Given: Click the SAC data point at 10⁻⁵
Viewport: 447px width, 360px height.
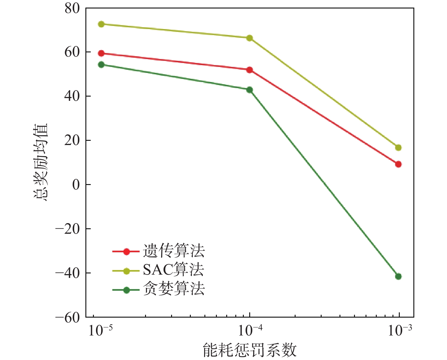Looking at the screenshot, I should (x=101, y=24).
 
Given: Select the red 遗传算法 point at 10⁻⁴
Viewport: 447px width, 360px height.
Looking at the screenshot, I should (x=250, y=70).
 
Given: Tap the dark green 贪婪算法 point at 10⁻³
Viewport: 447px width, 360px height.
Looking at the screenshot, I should (x=398, y=276).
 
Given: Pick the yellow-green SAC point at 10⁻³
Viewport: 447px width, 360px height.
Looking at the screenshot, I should (x=398, y=147).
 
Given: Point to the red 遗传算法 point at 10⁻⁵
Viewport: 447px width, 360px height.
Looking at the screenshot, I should (x=101, y=53).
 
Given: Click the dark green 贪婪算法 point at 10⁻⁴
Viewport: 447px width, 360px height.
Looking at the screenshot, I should (x=250, y=90).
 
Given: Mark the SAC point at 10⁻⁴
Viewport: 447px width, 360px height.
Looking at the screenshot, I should (x=250, y=38).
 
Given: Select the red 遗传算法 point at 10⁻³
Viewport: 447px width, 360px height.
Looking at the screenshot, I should (x=398, y=164).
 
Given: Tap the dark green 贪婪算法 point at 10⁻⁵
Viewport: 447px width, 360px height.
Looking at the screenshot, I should (x=101, y=64).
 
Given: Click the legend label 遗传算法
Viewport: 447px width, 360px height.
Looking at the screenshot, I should (x=174, y=251).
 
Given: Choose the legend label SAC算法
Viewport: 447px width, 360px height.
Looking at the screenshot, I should (x=173, y=269).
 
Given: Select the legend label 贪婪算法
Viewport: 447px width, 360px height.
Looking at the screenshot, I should (x=174, y=288).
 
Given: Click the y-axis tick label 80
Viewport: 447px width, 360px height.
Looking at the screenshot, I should (x=72, y=8).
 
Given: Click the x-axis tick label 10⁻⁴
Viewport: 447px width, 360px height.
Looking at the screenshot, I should (x=250, y=330).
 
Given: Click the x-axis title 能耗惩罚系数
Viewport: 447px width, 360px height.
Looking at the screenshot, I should (x=250, y=350).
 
